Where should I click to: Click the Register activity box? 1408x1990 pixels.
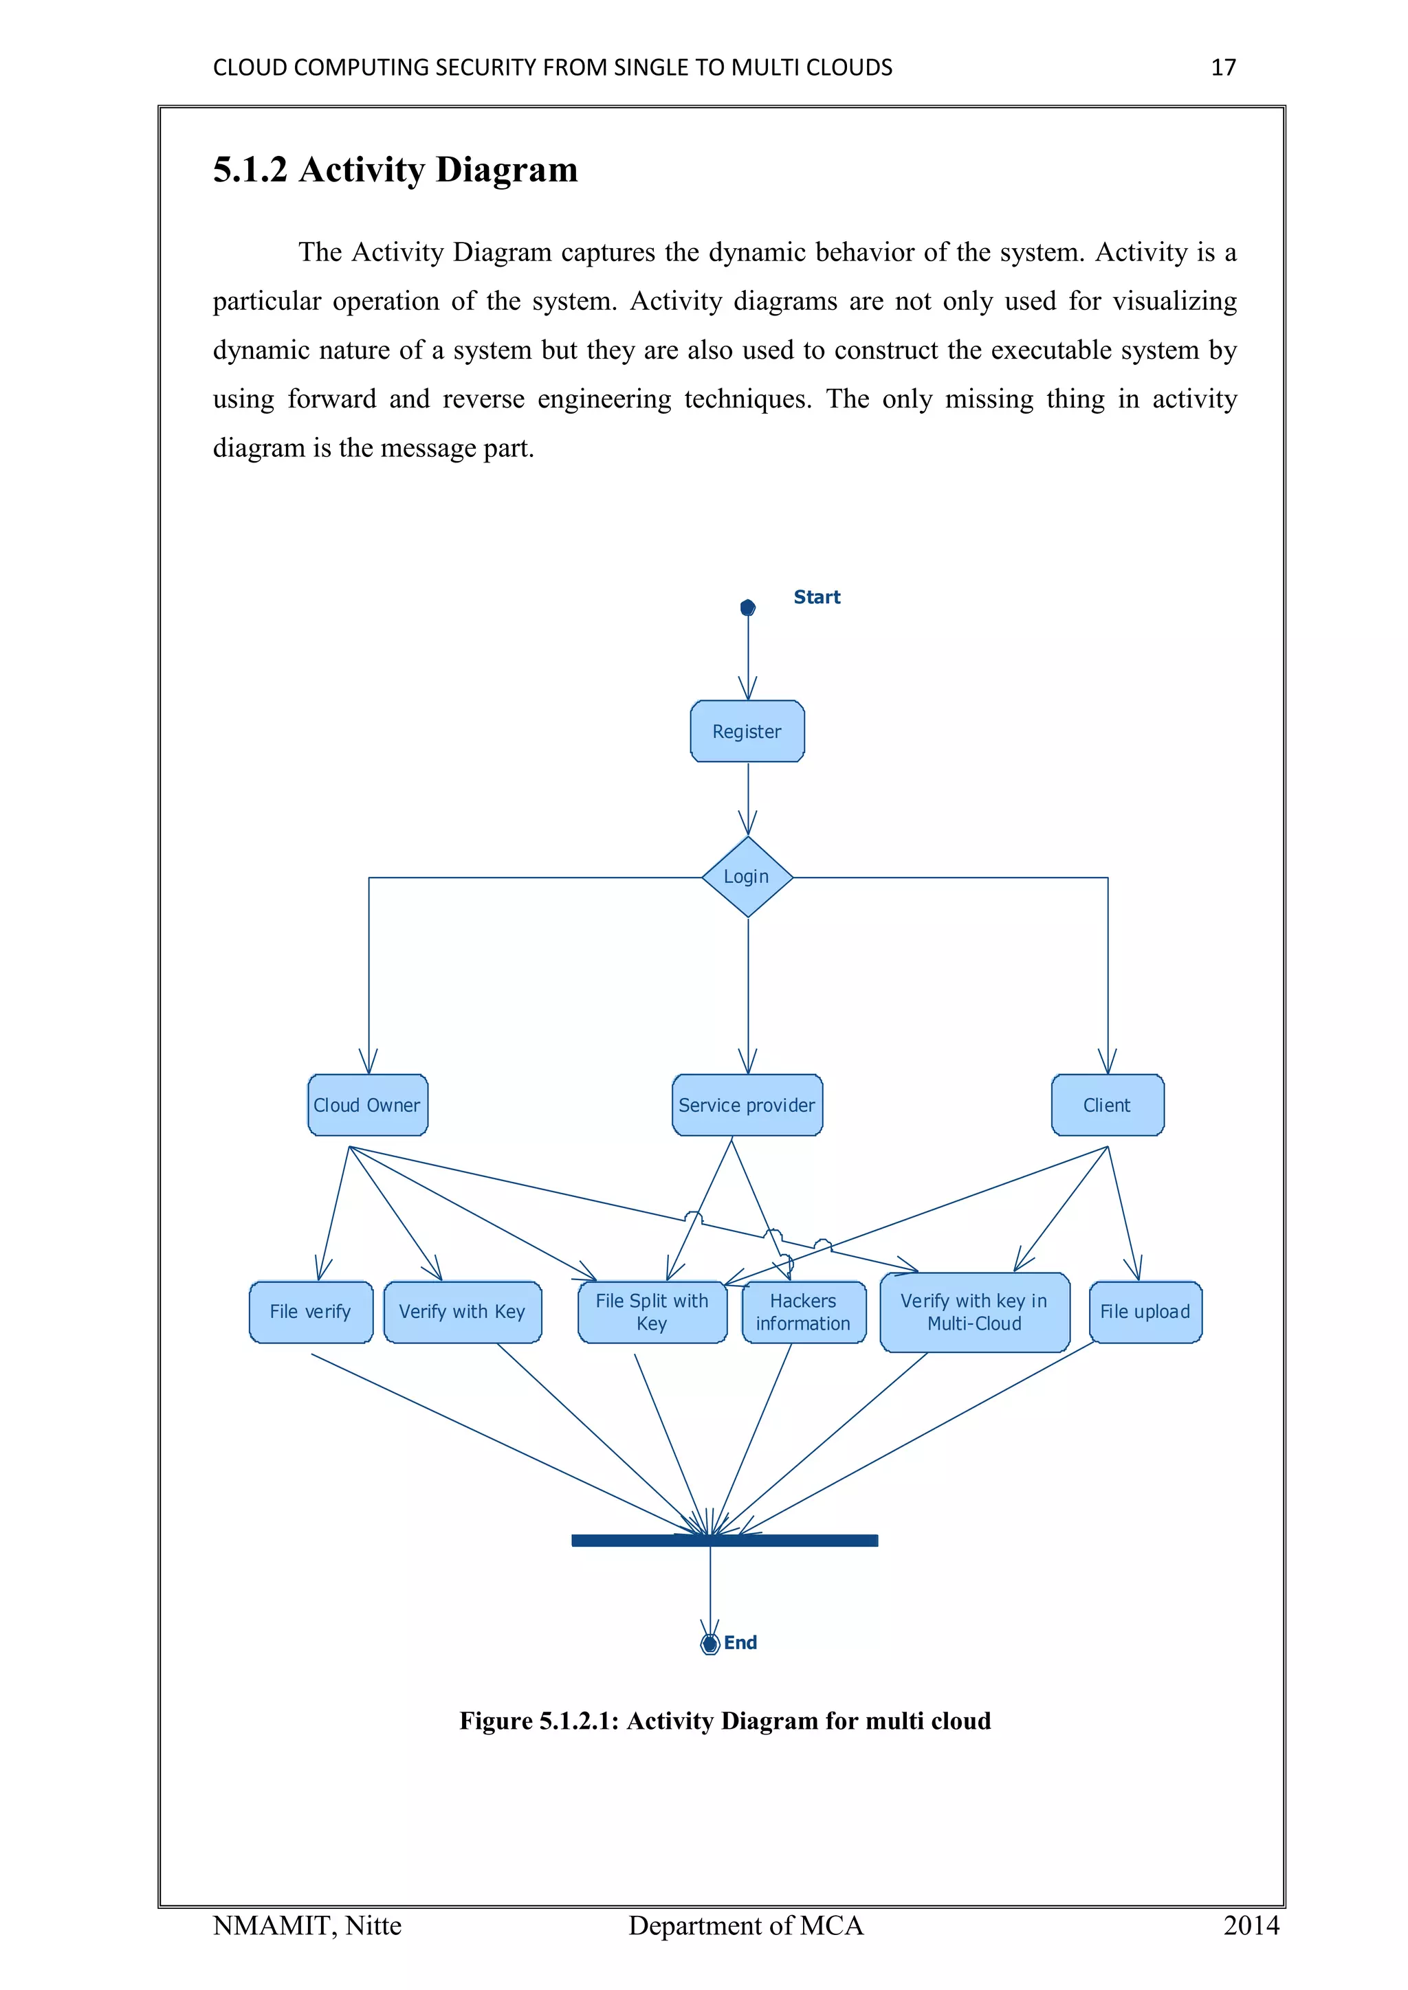click(x=747, y=732)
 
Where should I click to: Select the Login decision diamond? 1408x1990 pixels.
click(x=747, y=877)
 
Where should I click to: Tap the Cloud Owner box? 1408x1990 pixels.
click(x=368, y=1105)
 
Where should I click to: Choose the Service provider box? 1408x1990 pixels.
click(x=747, y=1105)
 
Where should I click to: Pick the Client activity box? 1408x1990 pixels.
click(x=1107, y=1105)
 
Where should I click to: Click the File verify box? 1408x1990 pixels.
click(x=310, y=1312)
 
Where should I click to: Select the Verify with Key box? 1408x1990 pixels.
click(x=462, y=1312)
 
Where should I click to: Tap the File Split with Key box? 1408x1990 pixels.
click(x=652, y=1312)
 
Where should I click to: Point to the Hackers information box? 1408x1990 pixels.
click(x=804, y=1312)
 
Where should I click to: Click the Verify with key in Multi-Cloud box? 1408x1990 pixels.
click(x=974, y=1312)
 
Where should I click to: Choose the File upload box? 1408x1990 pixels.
click(x=1145, y=1312)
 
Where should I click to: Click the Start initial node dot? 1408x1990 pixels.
click(x=747, y=607)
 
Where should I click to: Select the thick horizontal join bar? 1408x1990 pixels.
click(x=725, y=1540)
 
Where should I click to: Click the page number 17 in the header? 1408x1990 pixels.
click(x=1223, y=67)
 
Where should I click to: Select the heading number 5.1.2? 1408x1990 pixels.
click(x=250, y=170)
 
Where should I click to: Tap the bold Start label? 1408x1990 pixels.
click(x=817, y=597)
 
